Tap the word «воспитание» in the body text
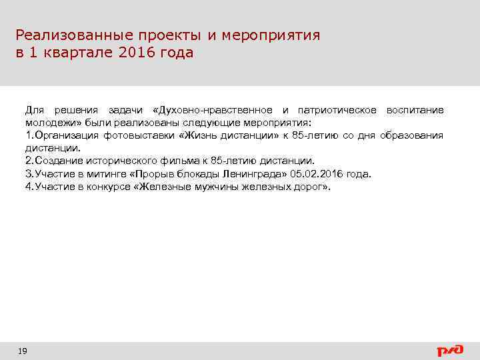415,110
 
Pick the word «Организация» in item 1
65,136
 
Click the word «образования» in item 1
411,136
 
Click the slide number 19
23,350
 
